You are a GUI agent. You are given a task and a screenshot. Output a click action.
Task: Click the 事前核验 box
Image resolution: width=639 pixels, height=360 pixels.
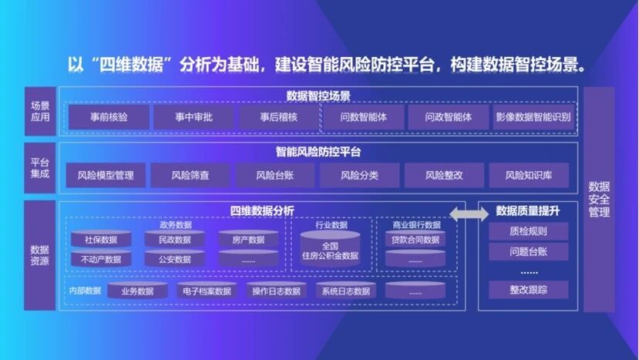click(x=109, y=118)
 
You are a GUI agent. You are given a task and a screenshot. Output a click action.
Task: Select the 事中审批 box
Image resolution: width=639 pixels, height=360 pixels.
click(x=193, y=118)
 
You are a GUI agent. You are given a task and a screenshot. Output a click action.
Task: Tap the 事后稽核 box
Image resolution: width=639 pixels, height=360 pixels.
click(x=278, y=118)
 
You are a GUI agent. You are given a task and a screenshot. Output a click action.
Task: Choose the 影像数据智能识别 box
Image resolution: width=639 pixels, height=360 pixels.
click(x=533, y=118)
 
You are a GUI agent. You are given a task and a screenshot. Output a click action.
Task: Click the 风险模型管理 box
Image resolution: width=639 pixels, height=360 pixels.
click(x=106, y=176)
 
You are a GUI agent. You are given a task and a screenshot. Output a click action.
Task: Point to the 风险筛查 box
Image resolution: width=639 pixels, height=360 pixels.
click(x=190, y=176)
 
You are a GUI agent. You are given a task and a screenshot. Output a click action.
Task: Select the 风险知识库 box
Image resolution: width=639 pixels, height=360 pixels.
click(x=529, y=176)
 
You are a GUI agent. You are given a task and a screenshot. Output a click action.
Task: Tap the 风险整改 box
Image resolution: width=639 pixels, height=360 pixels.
click(x=444, y=176)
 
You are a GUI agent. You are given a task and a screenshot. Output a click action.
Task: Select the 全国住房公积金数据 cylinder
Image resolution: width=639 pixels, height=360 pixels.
click(x=329, y=251)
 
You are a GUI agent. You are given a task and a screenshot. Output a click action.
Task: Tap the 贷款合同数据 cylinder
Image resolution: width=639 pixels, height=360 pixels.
click(x=415, y=240)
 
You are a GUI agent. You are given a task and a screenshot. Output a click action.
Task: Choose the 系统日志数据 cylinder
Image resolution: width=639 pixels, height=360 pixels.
click(x=346, y=291)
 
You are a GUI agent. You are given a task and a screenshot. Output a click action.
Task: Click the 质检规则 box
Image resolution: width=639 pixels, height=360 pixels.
click(x=528, y=231)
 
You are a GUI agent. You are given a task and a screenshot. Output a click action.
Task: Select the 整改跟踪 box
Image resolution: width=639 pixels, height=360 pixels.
click(x=528, y=290)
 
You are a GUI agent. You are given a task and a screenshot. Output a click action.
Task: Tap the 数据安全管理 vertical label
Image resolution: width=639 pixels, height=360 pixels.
click(x=599, y=199)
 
